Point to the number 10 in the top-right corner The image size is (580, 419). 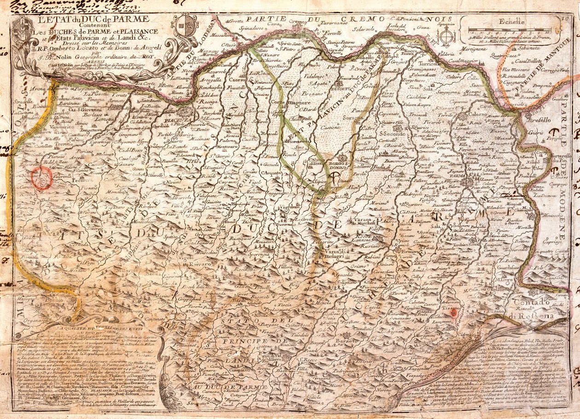pyautogui.click(x=565, y=19)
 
